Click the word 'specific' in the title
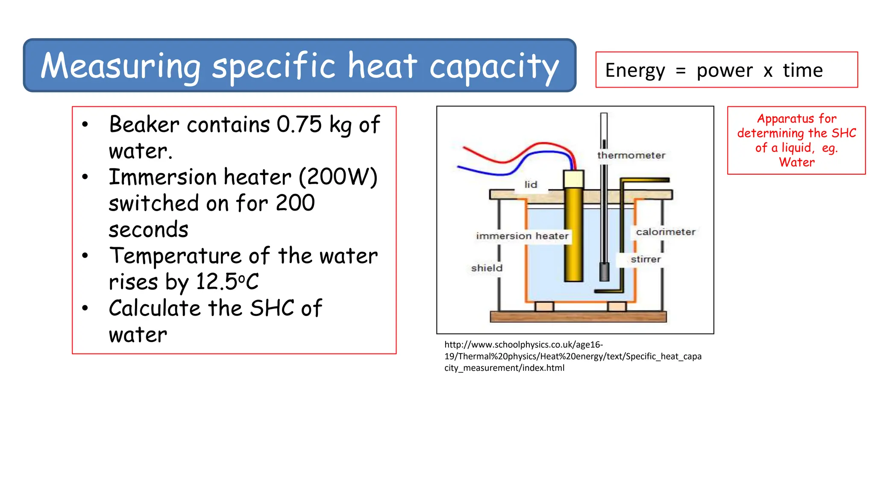[x=273, y=67]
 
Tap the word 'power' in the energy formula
[x=725, y=71]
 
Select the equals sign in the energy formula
[x=681, y=71]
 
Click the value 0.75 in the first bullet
[x=299, y=125]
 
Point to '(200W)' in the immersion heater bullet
[x=338, y=177]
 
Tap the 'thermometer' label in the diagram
[x=631, y=155]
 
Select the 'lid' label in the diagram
[x=531, y=184]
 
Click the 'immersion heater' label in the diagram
[x=522, y=236]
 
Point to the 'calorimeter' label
[x=666, y=232]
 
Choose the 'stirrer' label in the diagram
[x=646, y=259]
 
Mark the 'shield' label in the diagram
[x=487, y=268]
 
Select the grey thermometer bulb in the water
[x=604, y=272]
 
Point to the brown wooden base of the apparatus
[x=578, y=317]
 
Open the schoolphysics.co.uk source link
[x=573, y=356]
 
